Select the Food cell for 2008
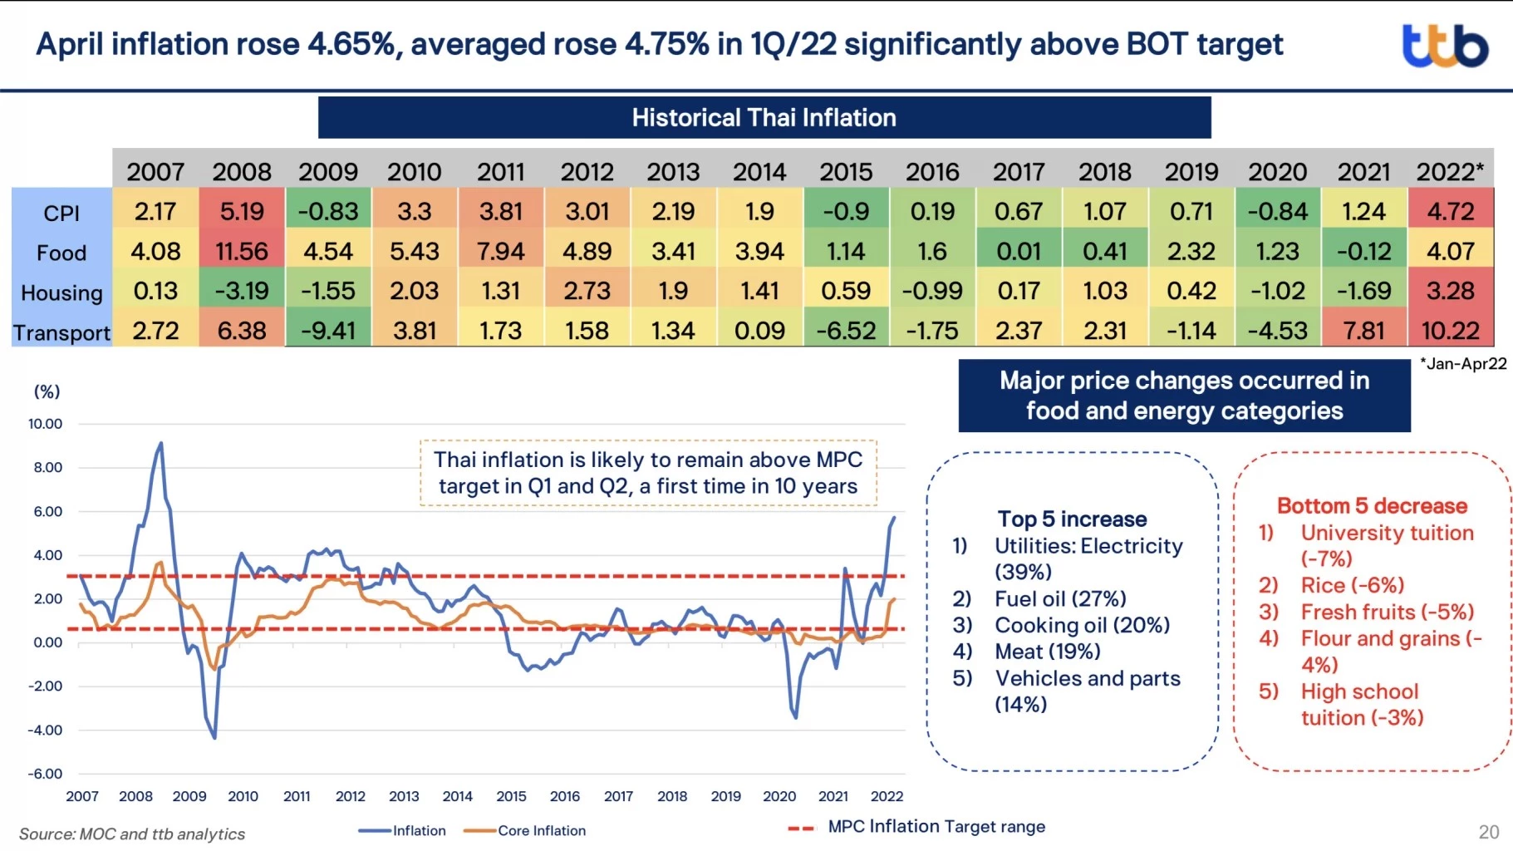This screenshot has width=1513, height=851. point(242,252)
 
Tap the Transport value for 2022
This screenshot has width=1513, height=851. point(1450,331)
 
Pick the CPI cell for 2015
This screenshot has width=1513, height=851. point(846,212)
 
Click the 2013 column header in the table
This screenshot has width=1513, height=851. point(673,172)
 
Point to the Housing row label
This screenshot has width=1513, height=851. point(61,293)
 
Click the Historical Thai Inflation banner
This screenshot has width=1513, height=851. point(764,118)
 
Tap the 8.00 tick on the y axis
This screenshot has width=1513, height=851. point(47,468)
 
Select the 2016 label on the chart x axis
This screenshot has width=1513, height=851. point(564,796)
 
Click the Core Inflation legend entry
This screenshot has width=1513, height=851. point(541,830)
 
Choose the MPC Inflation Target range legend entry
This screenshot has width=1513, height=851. point(936,827)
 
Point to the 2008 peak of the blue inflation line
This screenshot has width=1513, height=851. point(160,444)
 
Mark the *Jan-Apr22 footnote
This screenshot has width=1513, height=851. point(1463,363)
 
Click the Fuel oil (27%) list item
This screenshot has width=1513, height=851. point(1060,599)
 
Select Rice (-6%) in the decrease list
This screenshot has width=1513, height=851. point(1352,586)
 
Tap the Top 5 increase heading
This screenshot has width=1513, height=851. point(1072,519)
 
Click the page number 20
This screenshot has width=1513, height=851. point(1489,832)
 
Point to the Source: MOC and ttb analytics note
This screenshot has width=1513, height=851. point(132,834)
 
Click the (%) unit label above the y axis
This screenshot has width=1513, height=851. point(47,391)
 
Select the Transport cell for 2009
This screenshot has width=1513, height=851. point(328,331)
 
